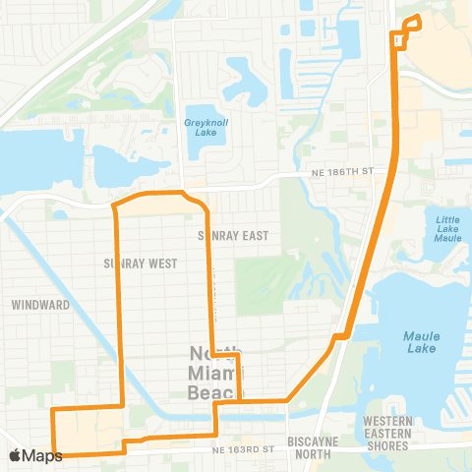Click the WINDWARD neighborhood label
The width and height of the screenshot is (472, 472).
40,305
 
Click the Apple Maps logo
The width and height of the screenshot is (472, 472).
35,455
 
